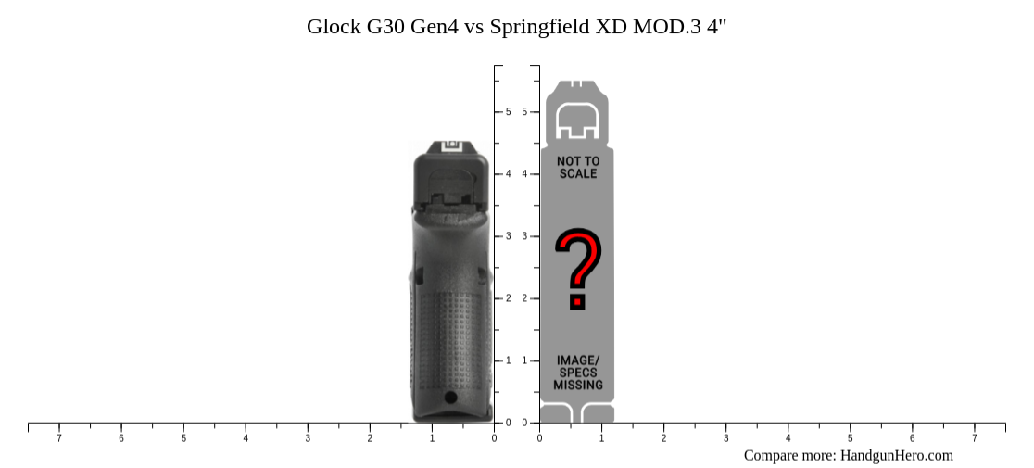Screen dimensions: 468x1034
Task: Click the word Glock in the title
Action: (334, 26)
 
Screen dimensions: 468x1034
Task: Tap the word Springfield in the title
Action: (536, 26)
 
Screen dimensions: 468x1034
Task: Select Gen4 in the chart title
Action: (434, 26)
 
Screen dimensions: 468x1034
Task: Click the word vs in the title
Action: (474, 26)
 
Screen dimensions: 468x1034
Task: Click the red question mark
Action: (578, 268)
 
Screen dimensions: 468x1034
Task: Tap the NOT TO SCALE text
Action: (578, 168)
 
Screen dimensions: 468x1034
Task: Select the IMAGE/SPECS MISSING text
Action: (578, 373)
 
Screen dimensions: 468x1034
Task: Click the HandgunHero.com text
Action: (896, 455)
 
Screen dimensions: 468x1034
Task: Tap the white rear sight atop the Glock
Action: (451, 145)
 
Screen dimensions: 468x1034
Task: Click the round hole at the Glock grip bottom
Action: (450, 398)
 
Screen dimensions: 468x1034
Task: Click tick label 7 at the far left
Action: (59, 437)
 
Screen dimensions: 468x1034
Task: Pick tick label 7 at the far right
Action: (974, 437)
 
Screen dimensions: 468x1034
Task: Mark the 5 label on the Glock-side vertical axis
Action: (508, 112)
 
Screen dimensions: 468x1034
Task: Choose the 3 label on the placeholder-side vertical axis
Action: (524, 236)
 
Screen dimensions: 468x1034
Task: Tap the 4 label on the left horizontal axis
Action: (246, 437)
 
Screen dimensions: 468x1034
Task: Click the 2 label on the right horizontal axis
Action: (663, 437)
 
